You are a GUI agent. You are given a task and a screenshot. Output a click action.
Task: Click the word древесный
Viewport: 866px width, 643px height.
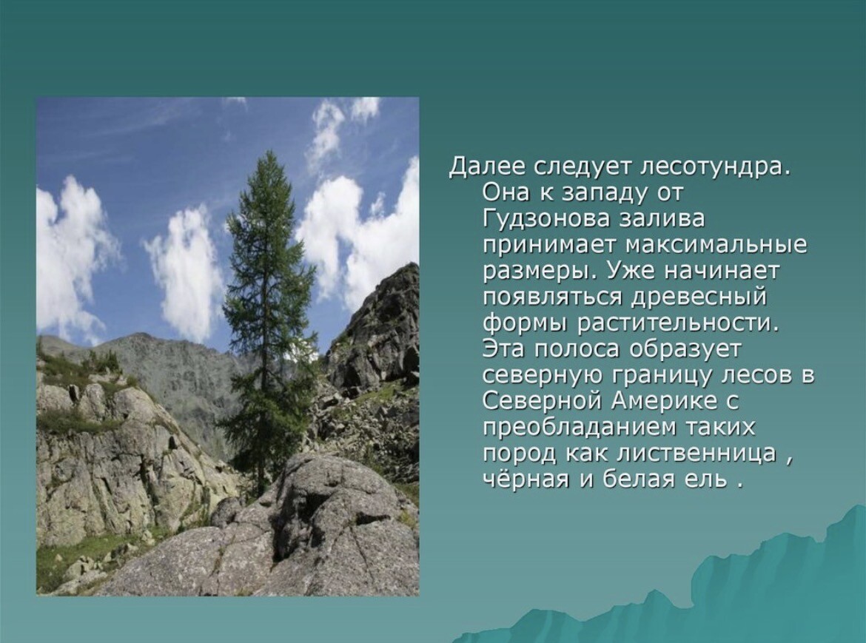pos(698,297)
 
